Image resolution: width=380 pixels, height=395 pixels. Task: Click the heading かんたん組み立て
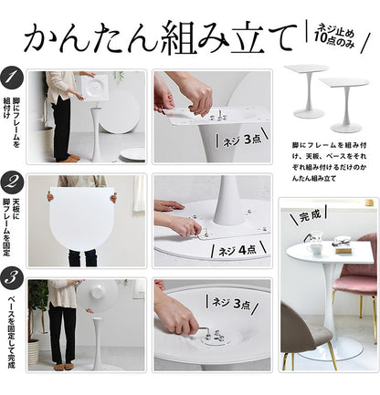[x=160, y=37]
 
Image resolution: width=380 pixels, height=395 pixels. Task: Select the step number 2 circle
[x=13, y=182]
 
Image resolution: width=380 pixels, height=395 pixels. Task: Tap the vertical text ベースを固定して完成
[x=12, y=324]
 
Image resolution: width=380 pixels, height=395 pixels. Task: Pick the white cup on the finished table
[x=316, y=247]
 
